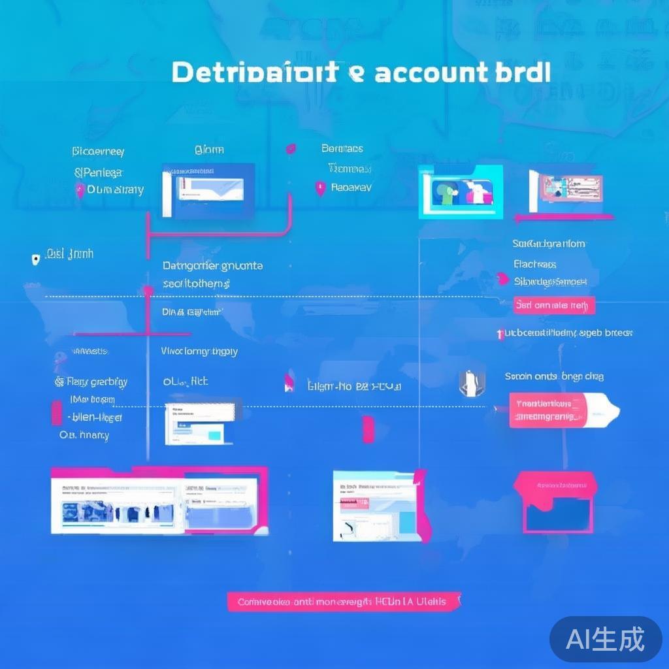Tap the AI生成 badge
coord(606,638)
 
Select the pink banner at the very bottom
coord(344,601)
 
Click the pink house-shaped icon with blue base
coord(555,501)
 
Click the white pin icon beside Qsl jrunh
coord(36,259)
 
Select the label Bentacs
coord(342,149)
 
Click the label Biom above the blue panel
coord(209,150)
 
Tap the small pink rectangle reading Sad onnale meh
coord(554,305)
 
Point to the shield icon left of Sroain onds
coord(468,383)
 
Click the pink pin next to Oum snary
coord(80,191)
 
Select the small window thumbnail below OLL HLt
coord(199,424)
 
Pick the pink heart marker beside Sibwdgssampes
coord(502,280)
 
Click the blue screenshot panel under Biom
coord(208,189)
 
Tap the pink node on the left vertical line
coord(148,290)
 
